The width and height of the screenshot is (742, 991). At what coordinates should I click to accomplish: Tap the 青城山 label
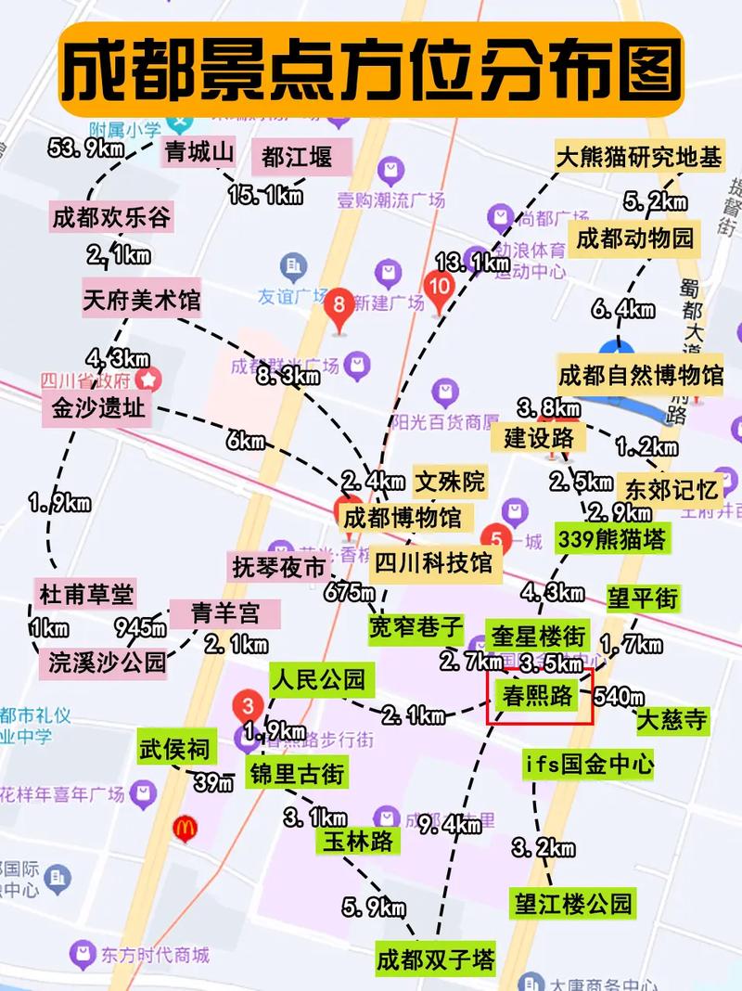pyautogui.click(x=198, y=152)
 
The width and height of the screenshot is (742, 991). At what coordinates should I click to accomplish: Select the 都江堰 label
pyautogui.click(x=296, y=157)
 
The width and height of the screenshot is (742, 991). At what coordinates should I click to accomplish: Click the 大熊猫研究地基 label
pyautogui.click(x=638, y=157)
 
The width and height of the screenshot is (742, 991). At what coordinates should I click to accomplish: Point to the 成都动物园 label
pyautogui.click(x=634, y=238)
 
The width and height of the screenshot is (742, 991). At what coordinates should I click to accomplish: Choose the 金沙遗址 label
pyautogui.click(x=97, y=407)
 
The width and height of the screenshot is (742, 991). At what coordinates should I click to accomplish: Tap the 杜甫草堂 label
pyautogui.click(x=86, y=593)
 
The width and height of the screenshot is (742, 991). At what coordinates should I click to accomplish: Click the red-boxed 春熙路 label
pyautogui.click(x=538, y=697)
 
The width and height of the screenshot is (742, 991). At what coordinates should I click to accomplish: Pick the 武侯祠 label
pyautogui.click(x=174, y=748)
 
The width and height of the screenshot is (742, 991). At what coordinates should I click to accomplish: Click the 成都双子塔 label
pyautogui.click(x=435, y=958)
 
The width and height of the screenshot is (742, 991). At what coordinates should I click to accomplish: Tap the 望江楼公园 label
pyautogui.click(x=573, y=902)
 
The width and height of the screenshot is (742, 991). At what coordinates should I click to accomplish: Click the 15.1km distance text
pyautogui.click(x=266, y=196)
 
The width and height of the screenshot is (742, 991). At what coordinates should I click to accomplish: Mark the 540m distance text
pyautogui.click(x=618, y=695)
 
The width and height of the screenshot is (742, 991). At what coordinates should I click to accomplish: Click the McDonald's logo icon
pyautogui.click(x=185, y=827)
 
